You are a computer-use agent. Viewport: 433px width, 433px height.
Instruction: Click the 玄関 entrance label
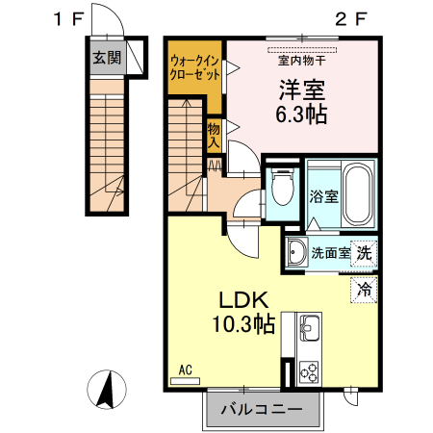[107, 57]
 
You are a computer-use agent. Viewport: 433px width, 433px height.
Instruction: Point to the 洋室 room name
[301, 91]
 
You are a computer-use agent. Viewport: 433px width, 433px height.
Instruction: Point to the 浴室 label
[323, 196]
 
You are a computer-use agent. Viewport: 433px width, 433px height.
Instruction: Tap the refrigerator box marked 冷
[364, 288]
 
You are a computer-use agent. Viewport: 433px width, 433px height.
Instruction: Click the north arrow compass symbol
[109, 389]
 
